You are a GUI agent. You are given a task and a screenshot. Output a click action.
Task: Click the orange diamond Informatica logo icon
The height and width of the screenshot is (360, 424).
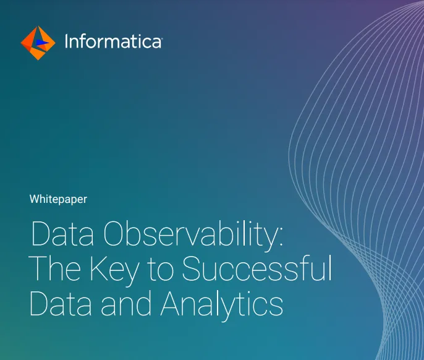38,43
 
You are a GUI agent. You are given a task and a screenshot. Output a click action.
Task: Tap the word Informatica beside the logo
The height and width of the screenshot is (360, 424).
113,43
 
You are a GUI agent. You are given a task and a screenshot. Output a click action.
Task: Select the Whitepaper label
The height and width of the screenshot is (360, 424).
58,199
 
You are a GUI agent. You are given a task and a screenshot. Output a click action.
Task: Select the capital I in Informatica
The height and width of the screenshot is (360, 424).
66,43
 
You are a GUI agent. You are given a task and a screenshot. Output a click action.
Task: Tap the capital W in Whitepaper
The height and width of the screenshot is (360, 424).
34,199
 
